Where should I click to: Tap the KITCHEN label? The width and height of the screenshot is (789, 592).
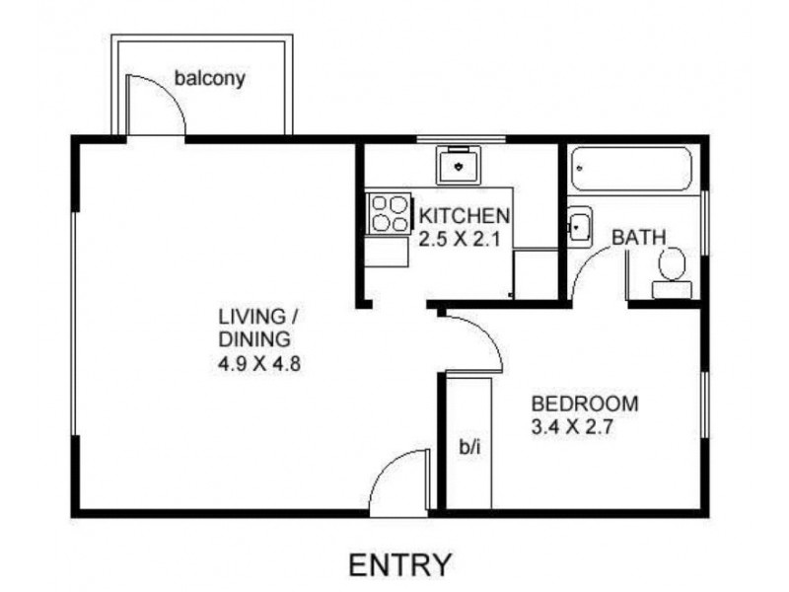464,216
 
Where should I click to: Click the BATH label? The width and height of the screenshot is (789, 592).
638,238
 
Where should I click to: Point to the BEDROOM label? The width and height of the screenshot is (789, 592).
585,404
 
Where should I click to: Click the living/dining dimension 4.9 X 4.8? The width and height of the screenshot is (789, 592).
258,362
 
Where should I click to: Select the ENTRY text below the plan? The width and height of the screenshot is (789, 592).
401,564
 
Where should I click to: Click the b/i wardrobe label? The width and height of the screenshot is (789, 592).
468,447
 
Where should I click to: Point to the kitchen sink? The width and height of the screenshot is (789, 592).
459,165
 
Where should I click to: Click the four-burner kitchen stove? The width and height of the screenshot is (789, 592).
389,213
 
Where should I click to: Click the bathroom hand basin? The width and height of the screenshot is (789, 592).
578,227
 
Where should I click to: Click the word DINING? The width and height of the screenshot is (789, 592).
255,339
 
